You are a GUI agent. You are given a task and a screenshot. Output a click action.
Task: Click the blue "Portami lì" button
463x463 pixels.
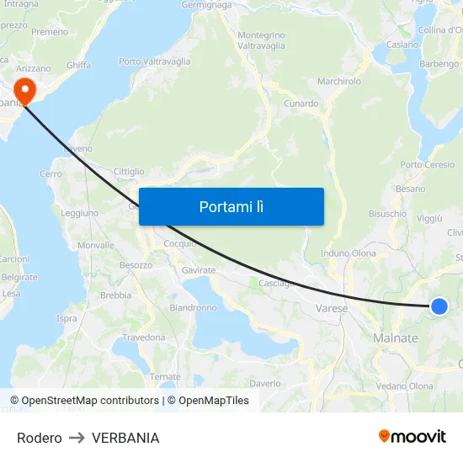(231, 206)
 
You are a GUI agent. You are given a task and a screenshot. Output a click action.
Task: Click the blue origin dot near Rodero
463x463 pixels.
(439, 306)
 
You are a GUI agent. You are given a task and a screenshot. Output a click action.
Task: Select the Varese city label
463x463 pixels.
(332, 309)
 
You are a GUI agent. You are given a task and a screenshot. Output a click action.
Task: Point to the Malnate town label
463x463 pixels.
(395, 338)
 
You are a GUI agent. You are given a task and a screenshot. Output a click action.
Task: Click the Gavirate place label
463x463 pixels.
(199, 270)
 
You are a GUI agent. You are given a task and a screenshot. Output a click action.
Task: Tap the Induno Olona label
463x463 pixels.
(349, 253)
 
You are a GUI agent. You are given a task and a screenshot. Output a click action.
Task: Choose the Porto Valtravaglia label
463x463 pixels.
(154, 61)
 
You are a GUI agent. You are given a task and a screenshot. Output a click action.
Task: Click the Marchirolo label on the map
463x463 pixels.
(339, 82)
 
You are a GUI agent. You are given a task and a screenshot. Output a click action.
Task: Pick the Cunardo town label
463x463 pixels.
(301, 104)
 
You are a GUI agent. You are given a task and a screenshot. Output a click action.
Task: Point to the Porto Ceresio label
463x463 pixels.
(428, 165)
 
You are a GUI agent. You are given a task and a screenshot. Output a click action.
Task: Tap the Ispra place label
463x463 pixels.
(67, 319)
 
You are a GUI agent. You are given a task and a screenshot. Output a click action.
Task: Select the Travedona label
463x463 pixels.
(144, 338)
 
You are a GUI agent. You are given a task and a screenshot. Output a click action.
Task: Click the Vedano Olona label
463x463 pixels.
(404, 386)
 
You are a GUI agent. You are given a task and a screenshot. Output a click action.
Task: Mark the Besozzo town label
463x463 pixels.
(136, 265)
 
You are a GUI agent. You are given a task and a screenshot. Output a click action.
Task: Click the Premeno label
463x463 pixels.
(50, 32)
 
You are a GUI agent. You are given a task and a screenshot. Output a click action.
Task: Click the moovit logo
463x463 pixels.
(412, 437)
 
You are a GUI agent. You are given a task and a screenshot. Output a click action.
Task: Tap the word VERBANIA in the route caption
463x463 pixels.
(125, 438)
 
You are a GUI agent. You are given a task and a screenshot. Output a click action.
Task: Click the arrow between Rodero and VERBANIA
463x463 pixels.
(77, 438)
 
